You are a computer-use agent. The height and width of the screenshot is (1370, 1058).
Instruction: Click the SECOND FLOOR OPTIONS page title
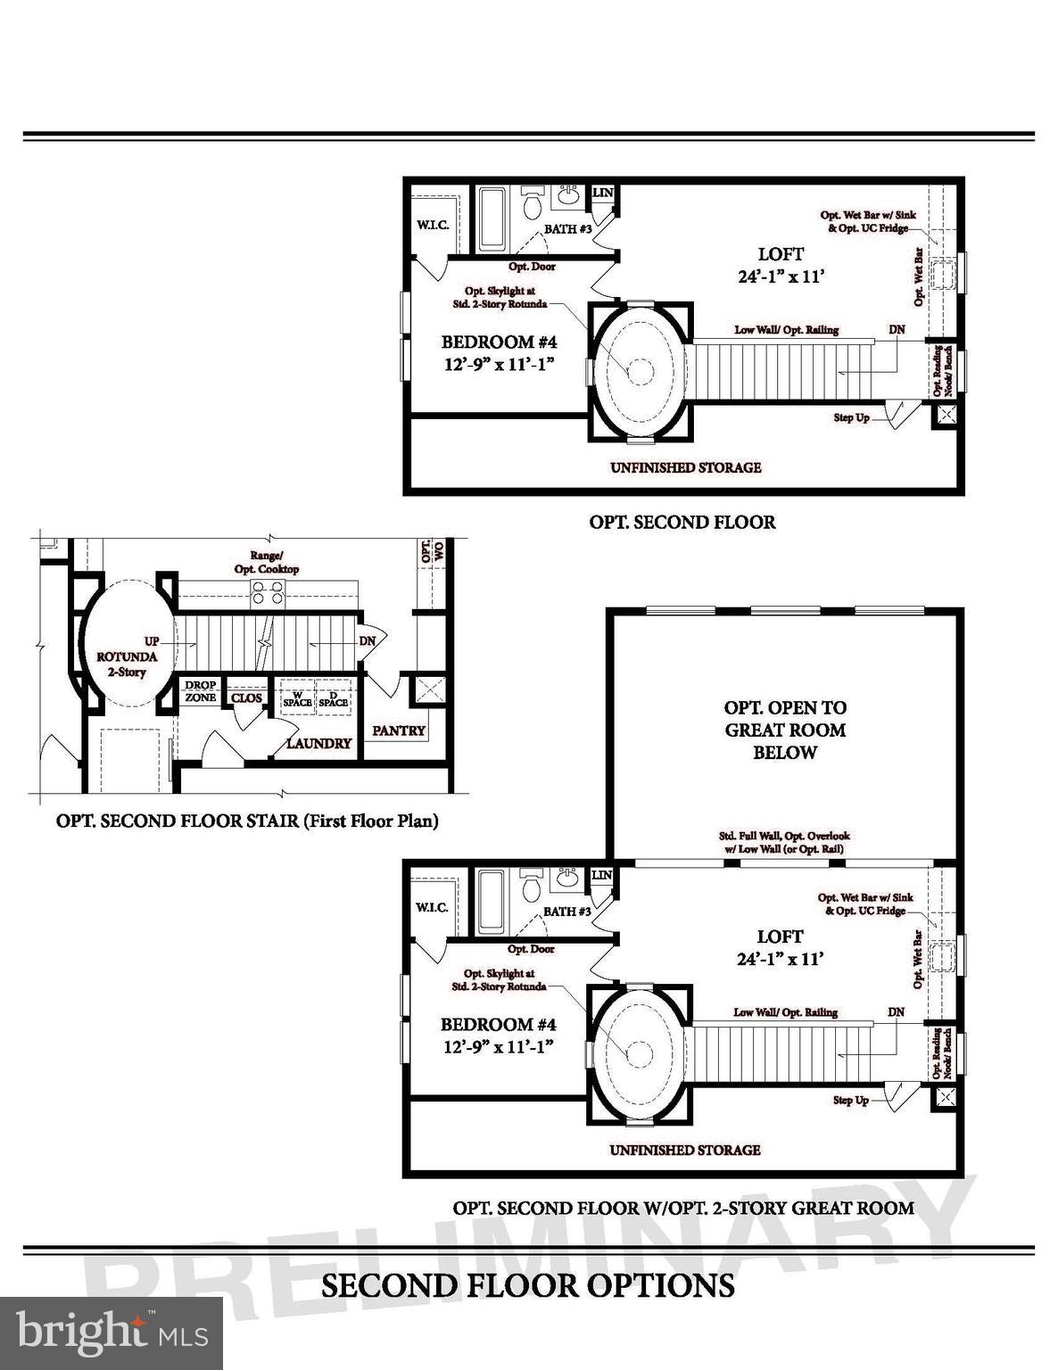[528, 1285]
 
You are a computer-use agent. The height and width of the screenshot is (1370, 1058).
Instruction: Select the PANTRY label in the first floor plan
[398, 730]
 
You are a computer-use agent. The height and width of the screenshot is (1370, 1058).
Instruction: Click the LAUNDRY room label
[318, 743]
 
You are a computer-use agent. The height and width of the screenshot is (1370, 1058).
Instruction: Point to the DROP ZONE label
[201, 692]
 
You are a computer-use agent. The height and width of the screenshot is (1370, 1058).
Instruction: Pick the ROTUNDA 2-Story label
[126, 664]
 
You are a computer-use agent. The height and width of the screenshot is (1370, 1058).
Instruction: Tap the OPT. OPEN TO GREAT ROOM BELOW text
[785, 730]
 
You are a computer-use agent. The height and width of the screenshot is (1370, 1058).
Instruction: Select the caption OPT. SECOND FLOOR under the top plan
[682, 522]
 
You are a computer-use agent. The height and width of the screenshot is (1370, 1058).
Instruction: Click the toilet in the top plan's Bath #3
[533, 204]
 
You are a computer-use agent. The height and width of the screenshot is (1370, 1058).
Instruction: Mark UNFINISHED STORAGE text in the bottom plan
[685, 1150]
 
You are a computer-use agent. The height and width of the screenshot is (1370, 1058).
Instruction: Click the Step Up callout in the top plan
[851, 417]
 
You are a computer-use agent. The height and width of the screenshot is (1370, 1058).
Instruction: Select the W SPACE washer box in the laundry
[297, 697]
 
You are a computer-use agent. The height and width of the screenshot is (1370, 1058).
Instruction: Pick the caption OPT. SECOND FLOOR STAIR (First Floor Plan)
[247, 821]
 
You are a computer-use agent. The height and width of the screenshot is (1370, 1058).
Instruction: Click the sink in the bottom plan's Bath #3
[568, 877]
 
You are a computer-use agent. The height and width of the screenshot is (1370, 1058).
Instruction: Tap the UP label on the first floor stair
[152, 641]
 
